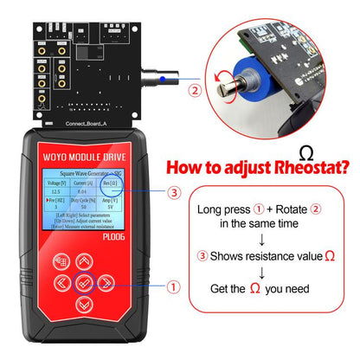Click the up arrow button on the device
82,259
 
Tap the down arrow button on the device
82,305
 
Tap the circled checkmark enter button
82,282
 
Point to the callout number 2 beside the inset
195,88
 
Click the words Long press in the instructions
221,209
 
